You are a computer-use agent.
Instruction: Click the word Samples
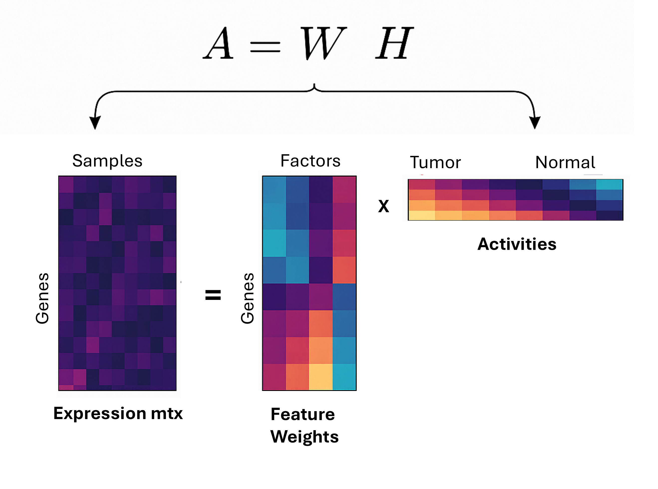tap(107, 161)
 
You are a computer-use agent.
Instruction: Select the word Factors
tap(310, 161)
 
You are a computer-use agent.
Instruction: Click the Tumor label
tap(435, 162)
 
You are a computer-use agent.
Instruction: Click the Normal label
tap(565, 162)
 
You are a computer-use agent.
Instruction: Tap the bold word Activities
tap(517, 244)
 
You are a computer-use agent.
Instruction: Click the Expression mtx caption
tap(118, 413)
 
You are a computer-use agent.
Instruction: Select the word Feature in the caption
tap(302, 414)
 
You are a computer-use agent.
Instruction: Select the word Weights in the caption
tap(304, 437)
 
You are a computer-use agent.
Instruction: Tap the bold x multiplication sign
tap(383, 206)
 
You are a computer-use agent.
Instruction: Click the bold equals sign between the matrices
tap(213, 295)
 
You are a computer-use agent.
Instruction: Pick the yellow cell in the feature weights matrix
tap(321, 376)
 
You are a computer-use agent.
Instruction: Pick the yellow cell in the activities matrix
tap(421, 215)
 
